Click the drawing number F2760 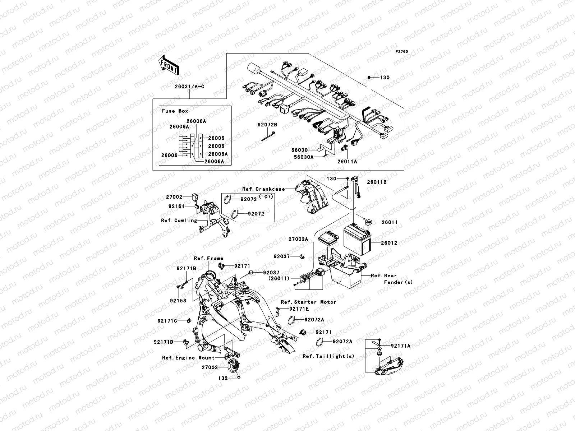click(402, 52)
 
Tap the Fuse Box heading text click(175, 111)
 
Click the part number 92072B click(267, 125)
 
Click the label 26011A click(347, 162)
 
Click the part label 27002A click(298, 239)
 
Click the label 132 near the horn click(223, 378)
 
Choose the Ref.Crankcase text click(263, 189)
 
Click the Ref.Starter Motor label click(308, 302)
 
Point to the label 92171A click(401, 346)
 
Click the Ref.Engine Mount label click(188, 358)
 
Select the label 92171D click(164, 342)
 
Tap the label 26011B click(377, 182)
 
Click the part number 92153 click(178, 301)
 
